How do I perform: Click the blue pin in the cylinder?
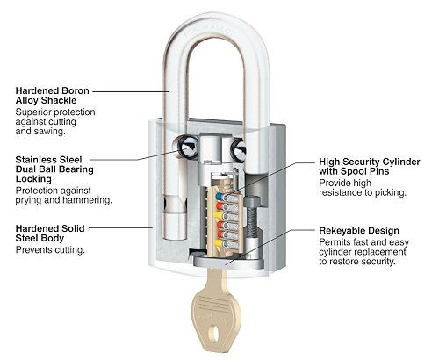coord(219,196)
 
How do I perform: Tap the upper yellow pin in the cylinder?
coord(219,216)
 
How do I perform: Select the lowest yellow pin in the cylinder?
coord(219,243)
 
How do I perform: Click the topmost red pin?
coord(219,206)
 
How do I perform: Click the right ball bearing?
coord(239,150)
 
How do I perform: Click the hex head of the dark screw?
coord(252,201)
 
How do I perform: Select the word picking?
coord(391,193)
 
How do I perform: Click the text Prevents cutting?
coord(50,250)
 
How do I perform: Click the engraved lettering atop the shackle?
coord(208,29)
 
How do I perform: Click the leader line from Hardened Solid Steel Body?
coord(121,227)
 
